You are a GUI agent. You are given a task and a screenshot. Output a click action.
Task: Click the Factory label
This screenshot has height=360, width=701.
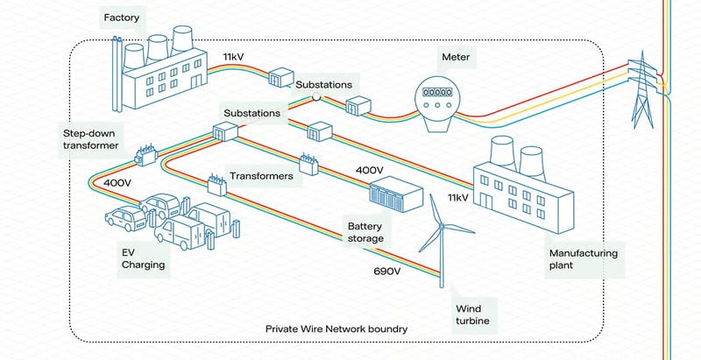coord(123,17)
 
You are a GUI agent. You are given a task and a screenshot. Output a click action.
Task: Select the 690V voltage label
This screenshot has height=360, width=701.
coord(386,272)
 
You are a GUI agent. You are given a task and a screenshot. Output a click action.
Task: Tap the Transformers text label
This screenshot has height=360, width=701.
coord(261,176)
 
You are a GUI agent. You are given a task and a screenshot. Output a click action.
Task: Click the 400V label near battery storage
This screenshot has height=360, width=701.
coord(369,169)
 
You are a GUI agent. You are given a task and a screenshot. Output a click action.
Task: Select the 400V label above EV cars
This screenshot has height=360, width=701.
coord(117,184)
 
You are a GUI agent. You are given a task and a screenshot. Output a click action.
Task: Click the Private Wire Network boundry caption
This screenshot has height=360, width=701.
coord(336,329)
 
